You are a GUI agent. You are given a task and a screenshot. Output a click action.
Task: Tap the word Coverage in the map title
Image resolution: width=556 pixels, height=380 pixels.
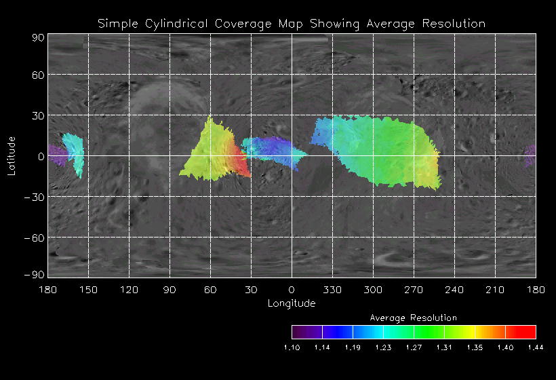point(241,24)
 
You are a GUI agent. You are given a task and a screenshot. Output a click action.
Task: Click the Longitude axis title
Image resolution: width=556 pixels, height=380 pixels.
point(292,303)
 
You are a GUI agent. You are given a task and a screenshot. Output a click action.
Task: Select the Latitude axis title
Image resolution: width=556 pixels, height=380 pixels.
point(12,155)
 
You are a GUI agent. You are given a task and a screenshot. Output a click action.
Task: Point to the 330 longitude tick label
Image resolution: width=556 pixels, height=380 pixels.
point(332,290)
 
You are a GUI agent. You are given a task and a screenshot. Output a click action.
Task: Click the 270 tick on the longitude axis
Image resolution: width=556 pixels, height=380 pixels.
point(414,290)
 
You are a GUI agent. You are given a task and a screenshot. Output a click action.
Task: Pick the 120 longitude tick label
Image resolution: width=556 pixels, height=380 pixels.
point(129,290)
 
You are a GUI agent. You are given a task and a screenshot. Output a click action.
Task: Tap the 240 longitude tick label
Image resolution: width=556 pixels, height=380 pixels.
point(454,290)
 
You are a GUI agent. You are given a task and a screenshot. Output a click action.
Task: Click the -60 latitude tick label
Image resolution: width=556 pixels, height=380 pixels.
point(35,237)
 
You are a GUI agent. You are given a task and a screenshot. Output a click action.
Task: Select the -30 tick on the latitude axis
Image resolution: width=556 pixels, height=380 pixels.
point(35,197)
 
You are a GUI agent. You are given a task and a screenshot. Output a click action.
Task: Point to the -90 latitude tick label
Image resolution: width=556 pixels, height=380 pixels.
point(35,274)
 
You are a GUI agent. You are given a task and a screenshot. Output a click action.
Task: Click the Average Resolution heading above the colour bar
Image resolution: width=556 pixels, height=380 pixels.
point(414,318)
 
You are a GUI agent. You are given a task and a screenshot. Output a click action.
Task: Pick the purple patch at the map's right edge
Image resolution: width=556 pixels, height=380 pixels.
point(530,155)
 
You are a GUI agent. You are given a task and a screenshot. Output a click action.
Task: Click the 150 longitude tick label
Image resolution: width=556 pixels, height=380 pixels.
point(88,290)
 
